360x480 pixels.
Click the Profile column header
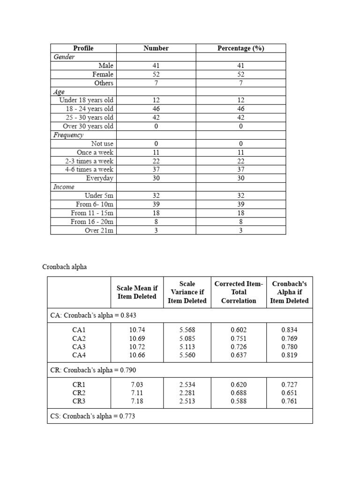tap(83, 48)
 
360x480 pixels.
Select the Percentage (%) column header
tap(240, 48)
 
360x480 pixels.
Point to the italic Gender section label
tap(65, 57)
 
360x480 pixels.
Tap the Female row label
tap(103, 74)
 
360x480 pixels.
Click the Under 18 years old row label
tap(86, 100)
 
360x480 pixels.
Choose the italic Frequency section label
tap(68, 135)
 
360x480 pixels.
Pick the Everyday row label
tap(100, 178)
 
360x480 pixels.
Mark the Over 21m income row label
tap(99, 230)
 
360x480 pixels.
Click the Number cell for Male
tap(156, 66)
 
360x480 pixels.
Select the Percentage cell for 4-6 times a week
tap(240, 169)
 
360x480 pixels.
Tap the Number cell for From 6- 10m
tap(156, 204)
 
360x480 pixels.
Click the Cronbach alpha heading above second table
tap(65, 267)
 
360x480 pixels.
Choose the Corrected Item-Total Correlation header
tap(239, 292)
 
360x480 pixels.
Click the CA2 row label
tap(79, 338)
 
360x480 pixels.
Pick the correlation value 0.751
tap(239, 338)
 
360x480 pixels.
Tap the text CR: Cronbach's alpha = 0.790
tap(93, 370)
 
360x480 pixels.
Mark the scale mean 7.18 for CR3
tap(137, 401)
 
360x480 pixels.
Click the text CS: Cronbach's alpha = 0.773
tap(93, 416)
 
